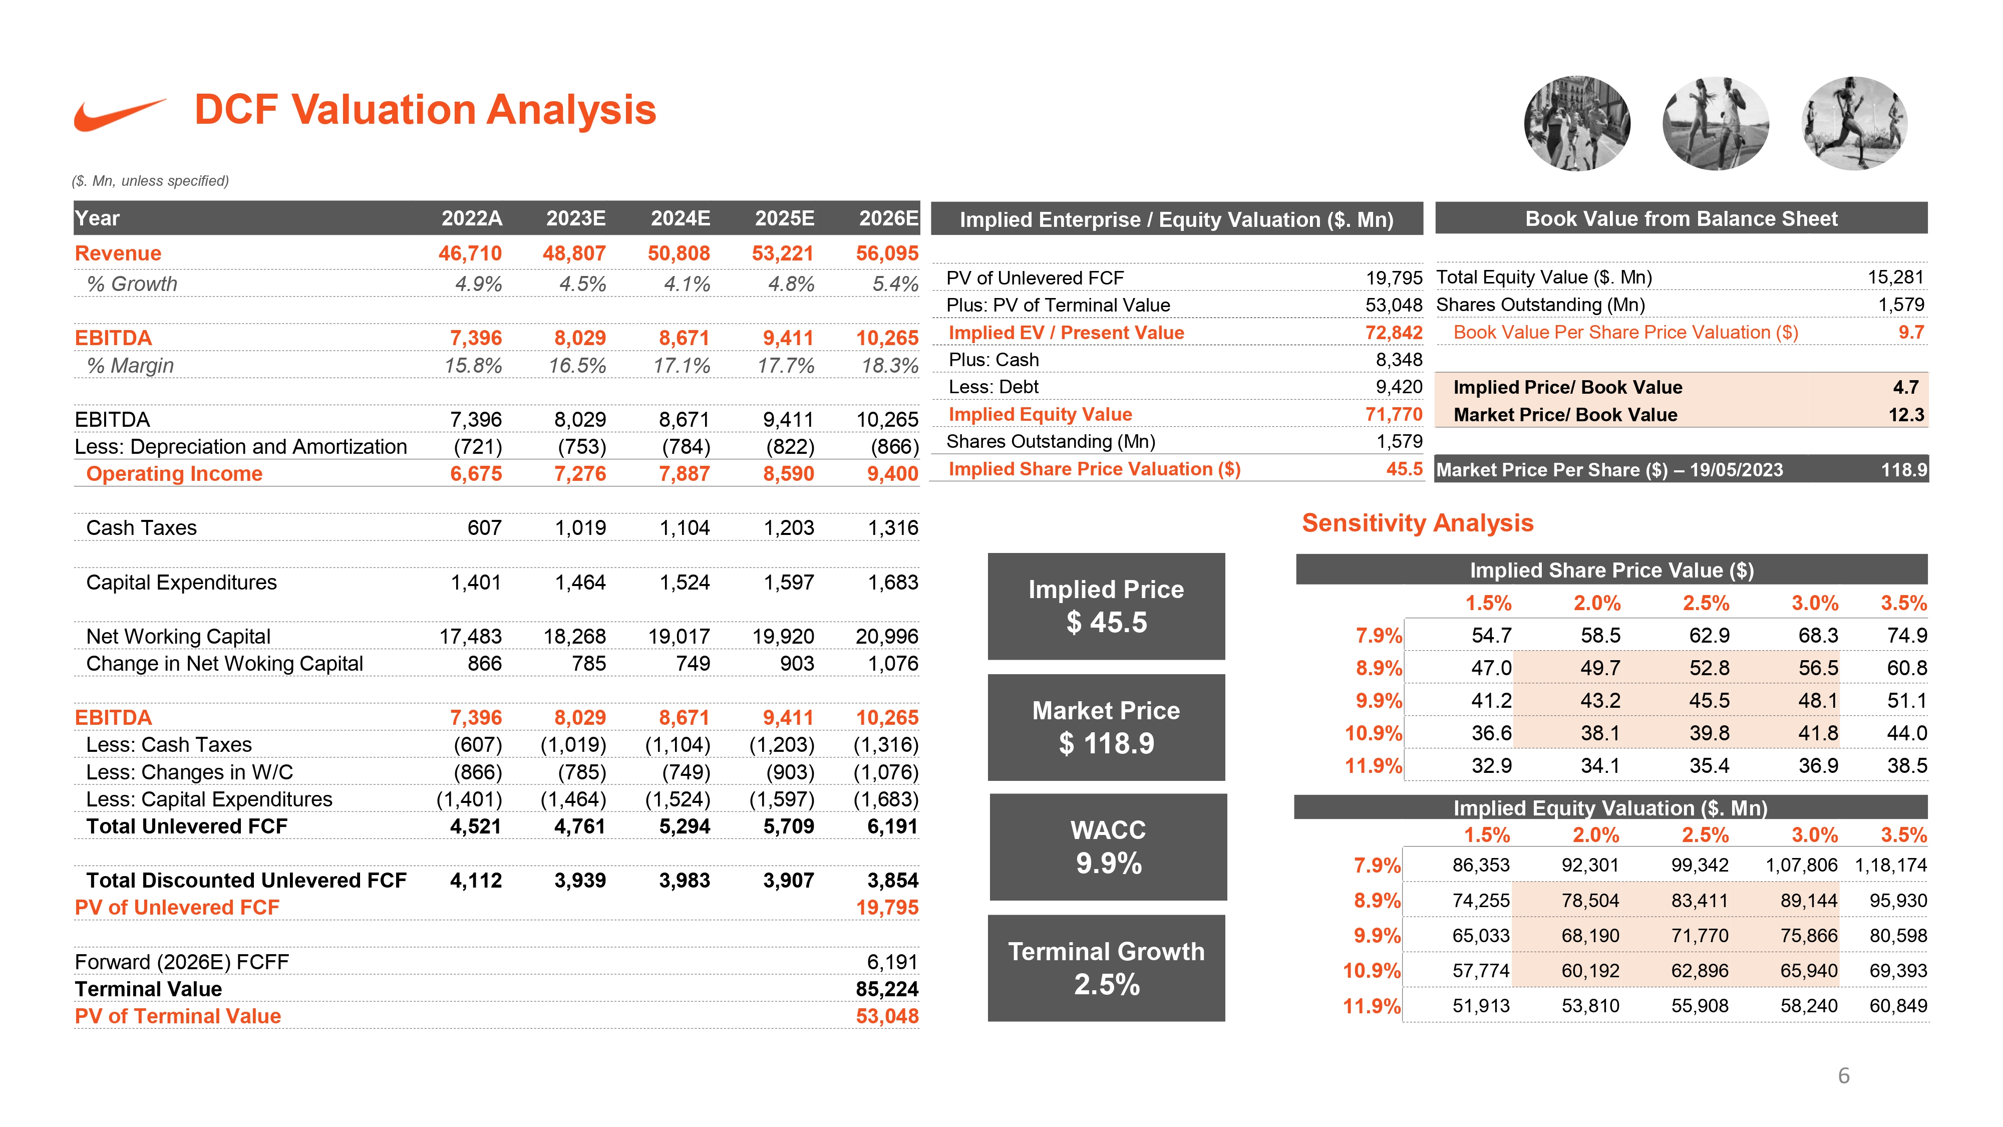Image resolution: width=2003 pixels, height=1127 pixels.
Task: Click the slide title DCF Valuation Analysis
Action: click(x=425, y=110)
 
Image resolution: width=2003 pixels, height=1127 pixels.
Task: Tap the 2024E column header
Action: click(x=681, y=218)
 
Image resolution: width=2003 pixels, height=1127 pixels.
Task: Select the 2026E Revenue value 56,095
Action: click(x=887, y=253)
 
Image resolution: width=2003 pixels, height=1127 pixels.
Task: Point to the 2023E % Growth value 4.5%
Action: click(x=582, y=284)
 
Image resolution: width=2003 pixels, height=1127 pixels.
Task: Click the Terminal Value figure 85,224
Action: click(x=887, y=989)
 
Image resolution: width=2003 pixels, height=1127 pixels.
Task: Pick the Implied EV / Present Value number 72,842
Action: click(x=1394, y=333)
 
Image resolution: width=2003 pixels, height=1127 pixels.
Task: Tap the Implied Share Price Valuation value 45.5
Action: click(x=1404, y=469)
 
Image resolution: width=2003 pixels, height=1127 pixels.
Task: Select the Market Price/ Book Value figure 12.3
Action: click(x=1906, y=415)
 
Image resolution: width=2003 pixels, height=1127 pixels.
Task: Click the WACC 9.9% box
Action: click(x=1108, y=847)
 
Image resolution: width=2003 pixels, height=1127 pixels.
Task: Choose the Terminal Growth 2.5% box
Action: click(x=1107, y=968)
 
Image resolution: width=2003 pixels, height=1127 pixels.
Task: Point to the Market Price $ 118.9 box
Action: click(x=1107, y=727)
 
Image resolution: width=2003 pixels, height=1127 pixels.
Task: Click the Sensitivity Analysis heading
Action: click(x=1418, y=522)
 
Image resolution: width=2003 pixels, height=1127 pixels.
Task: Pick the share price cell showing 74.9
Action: click(x=1906, y=636)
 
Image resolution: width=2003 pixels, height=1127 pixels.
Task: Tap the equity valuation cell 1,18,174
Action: click(x=1890, y=865)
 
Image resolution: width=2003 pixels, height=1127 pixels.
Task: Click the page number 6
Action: click(x=1844, y=1076)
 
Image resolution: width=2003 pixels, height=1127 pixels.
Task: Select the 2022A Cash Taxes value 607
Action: click(x=484, y=528)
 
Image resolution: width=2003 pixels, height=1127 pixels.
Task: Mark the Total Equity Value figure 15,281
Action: click(x=1896, y=277)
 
